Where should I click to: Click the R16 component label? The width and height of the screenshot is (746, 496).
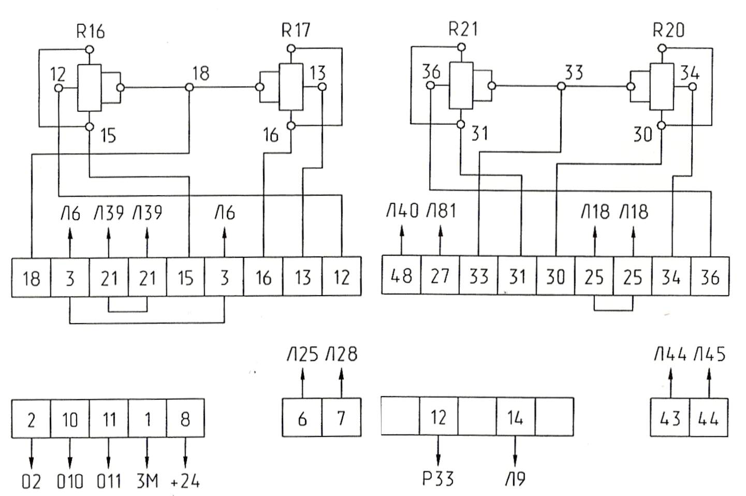click(x=90, y=32)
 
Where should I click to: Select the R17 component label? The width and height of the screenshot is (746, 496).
click(x=296, y=30)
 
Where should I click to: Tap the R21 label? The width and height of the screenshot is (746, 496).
click(x=463, y=29)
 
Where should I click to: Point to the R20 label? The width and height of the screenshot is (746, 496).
click(x=668, y=30)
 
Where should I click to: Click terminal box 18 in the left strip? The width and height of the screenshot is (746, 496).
click(x=31, y=278)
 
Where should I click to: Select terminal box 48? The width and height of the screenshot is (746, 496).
click(x=401, y=275)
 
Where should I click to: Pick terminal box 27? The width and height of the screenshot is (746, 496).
click(x=440, y=275)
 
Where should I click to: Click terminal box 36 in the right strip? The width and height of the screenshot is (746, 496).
click(x=709, y=276)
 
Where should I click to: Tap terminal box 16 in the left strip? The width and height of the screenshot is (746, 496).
click(x=264, y=278)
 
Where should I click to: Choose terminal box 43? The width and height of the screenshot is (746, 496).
click(x=670, y=418)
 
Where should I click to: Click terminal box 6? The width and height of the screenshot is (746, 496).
click(x=302, y=418)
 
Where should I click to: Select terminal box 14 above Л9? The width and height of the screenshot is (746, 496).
click(x=515, y=417)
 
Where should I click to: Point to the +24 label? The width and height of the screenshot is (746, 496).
click(x=185, y=482)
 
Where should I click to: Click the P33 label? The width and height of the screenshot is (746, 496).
click(x=438, y=478)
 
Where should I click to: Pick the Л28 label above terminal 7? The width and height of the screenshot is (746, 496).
click(x=341, y=355)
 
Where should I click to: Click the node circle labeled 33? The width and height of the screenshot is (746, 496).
click(x=561, y=86)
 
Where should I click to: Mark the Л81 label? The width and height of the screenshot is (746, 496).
click(x=441, y=212)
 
